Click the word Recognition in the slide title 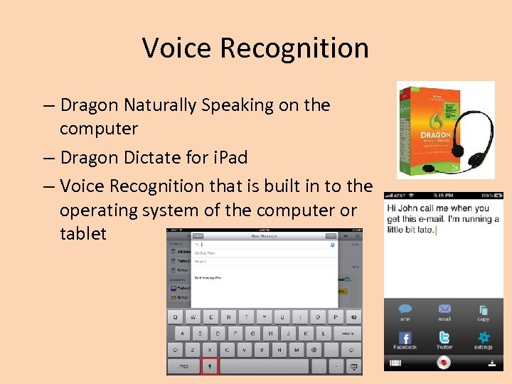click(x=294, y=48)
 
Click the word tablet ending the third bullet click(x=82, y=233)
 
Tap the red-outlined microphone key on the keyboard click(x=210, y=366)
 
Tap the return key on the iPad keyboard click(x=346, y=333)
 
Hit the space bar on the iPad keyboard click(x=264, y=366)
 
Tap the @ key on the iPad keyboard click(x=313, y=350)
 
